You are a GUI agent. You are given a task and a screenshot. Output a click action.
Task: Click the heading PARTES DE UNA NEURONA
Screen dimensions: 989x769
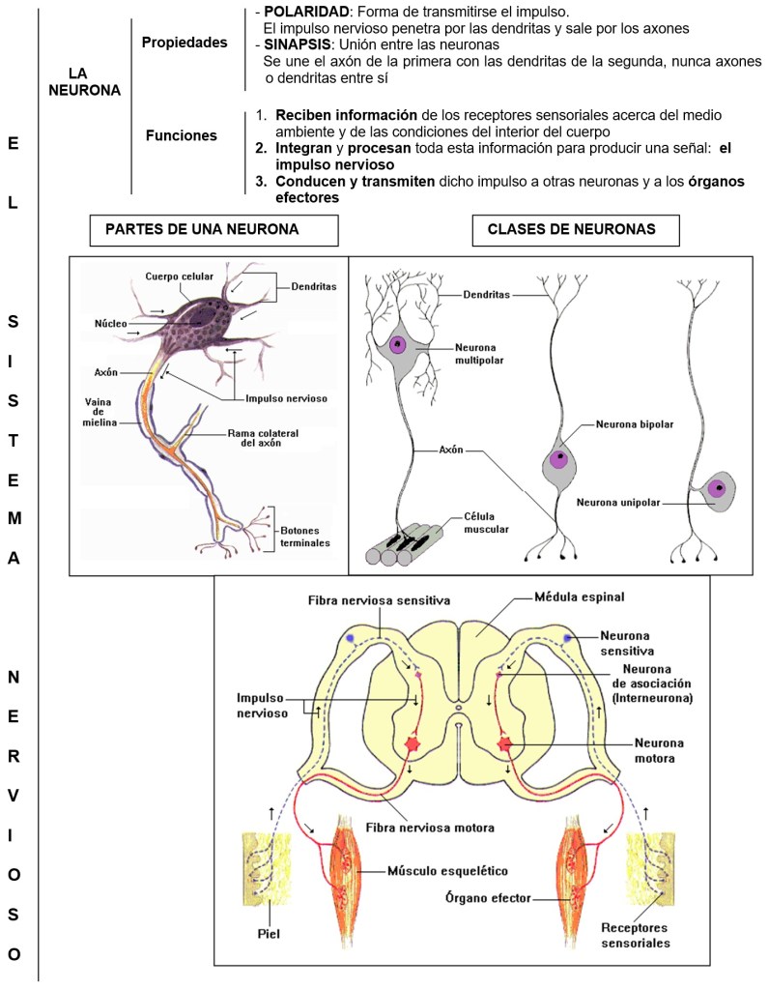click(201, 229)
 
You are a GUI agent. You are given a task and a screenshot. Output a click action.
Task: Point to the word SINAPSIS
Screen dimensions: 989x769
click(297, 44)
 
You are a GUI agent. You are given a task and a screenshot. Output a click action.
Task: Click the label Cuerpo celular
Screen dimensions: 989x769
click(179, 276)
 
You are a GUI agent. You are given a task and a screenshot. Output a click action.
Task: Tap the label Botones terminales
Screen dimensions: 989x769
click(305, 537)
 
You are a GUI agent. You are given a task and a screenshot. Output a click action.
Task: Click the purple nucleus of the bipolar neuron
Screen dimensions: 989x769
click(558, 460)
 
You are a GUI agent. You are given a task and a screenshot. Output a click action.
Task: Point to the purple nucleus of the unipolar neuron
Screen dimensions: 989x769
click(716, 488)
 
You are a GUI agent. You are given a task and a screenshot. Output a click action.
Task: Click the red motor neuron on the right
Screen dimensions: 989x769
click(503, 744)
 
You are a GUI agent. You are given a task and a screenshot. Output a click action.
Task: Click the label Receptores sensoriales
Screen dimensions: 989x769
click(636, 935)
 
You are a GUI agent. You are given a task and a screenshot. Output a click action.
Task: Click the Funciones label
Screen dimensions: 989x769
click(181, 136)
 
